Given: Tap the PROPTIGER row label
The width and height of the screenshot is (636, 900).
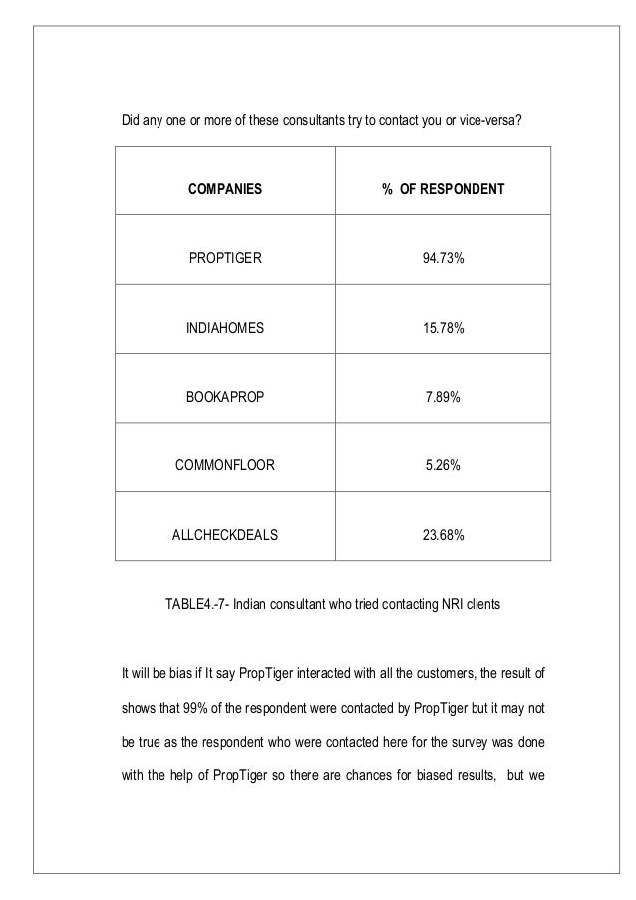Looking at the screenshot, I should [226, 259].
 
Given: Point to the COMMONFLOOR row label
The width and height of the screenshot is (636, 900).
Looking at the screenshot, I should [226, 464].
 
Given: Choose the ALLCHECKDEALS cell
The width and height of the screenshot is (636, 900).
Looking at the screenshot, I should [226, 535].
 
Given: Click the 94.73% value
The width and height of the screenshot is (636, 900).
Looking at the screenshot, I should [442, 259].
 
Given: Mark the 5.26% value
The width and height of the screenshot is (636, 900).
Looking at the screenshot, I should [442, 464].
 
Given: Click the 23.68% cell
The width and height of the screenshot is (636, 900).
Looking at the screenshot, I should [442, 535].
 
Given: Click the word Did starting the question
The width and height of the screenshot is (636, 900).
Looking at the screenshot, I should [131, 123].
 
